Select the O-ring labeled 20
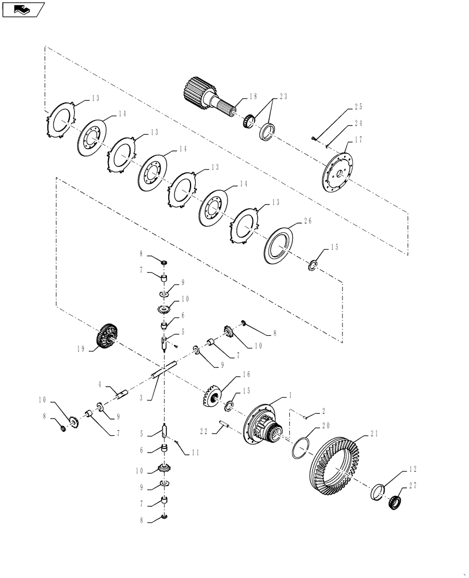tap(298, 447)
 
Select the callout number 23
tap(283, 97)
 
